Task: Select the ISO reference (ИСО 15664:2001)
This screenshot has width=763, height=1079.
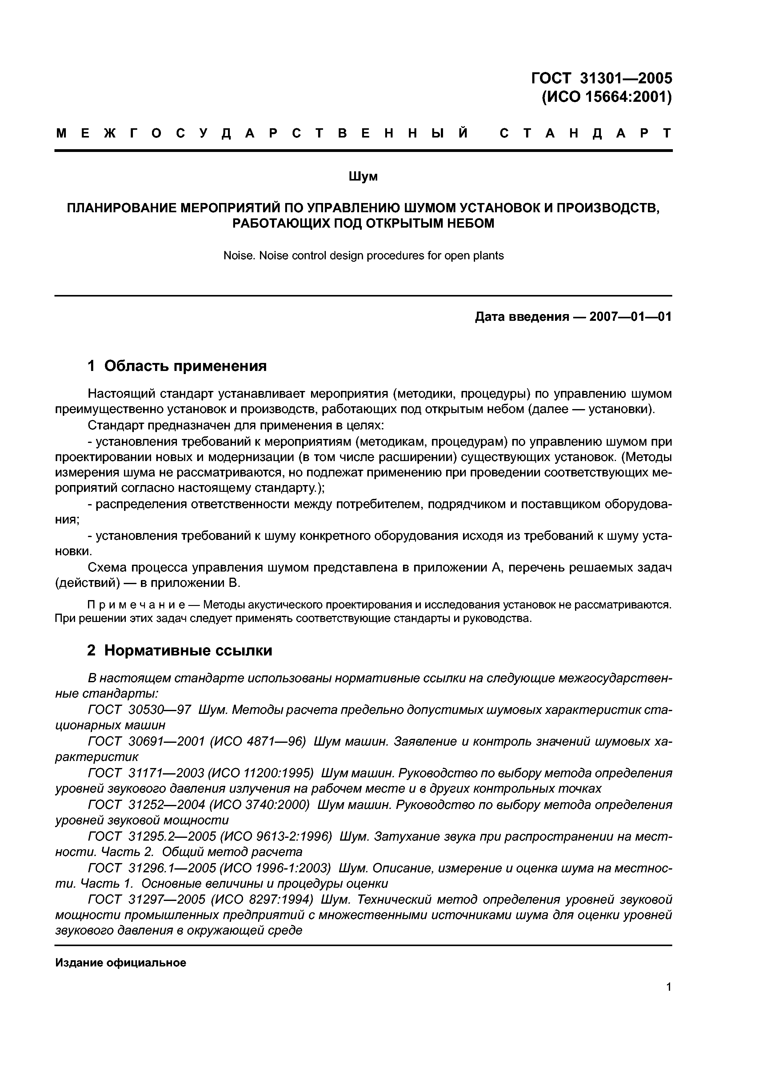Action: tap(606, 97)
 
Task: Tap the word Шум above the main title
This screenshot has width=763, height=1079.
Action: tap(363, 177)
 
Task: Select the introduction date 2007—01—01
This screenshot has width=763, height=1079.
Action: tap(630, 317)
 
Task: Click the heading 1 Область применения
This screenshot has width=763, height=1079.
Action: tap(177, 366)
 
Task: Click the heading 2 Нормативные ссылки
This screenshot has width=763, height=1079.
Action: tap(180, 651)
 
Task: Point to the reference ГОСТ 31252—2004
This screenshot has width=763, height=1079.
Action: tap(146, 805)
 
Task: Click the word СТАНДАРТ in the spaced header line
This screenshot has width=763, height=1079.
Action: tap(585, 133)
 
